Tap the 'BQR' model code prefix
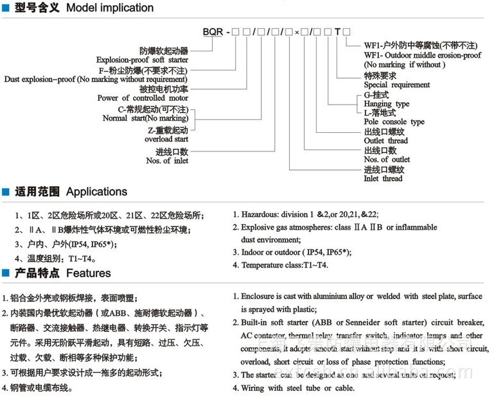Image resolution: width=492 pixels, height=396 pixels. [213, 31]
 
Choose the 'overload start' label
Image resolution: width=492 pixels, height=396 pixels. [166, 138]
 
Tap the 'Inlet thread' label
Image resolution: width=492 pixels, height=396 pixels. [383, 178]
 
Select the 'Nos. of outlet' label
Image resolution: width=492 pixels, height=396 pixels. [387, 159]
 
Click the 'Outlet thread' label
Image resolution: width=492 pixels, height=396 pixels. [385, 141]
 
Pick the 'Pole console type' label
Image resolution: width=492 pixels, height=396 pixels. [394, 122]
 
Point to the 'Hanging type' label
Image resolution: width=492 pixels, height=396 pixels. [386, 103]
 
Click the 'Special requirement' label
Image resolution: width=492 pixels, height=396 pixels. [396, 85]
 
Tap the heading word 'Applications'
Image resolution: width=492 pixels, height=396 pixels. [96, 192]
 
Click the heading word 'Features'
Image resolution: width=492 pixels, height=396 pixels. [89, 273]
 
